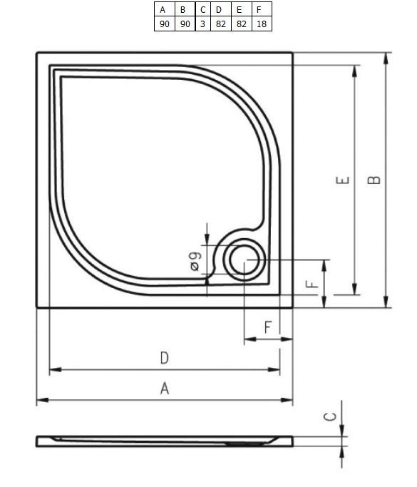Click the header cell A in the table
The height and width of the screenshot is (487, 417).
click(x=164, y=10)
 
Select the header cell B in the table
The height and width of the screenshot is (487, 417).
click(x=184, y=10)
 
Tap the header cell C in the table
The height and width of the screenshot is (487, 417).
click(x=202, y=10)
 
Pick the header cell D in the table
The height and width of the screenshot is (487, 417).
click(x=219, y=10)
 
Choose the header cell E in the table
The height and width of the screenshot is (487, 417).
click(x=240, y=10)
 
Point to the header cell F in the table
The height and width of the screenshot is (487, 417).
click(x=261, y=10)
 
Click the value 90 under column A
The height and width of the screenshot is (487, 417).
click(x=164, y=24)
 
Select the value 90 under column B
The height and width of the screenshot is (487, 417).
click(x=184, y=24)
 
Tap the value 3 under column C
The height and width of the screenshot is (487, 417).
click(x=202, y=24)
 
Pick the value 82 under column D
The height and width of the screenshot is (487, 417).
click(x=219, y=24)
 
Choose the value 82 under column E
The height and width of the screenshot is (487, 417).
click(x=240, y=24)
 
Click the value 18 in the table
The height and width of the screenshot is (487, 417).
click(x=261, y=24)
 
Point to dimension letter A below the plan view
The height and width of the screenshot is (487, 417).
click(x=165, y=389)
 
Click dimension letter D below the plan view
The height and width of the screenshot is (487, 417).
click(x=164, y=358)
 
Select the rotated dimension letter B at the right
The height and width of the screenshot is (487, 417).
click(x=374, y=180)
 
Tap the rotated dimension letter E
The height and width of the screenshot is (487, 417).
click(x=344, y=180)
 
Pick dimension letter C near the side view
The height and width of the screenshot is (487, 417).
click(x=330, y=416)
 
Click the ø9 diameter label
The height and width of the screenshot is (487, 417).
click(x=195, y=260)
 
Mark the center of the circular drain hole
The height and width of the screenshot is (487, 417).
click(x=244, y=261)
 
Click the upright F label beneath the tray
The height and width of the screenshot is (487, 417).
click(x=268, y=327)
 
